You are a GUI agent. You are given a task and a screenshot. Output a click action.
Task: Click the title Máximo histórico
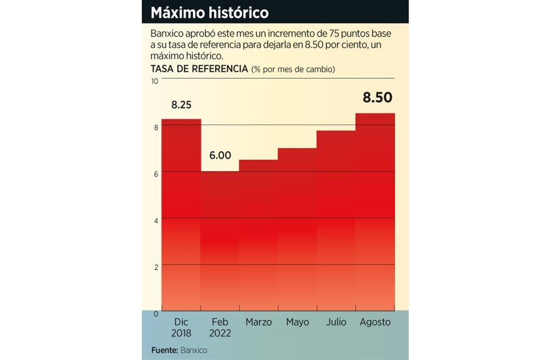[x=209, y=12]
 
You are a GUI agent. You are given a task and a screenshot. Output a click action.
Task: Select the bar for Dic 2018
[x=181, y=214]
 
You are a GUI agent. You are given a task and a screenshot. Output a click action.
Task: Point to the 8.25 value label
[x=182, y=105]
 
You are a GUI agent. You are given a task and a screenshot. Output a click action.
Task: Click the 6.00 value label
[x=220, y=156]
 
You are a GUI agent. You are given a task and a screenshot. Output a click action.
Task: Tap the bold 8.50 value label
[x=377, y=98]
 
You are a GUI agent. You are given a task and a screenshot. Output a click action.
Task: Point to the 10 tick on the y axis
[x=155, y=82]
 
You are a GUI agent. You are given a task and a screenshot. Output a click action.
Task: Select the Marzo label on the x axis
[x=259, y=322]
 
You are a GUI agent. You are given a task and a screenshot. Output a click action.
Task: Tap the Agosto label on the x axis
[x=375, y=322]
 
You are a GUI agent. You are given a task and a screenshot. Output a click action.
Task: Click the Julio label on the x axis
[x=336, y=322]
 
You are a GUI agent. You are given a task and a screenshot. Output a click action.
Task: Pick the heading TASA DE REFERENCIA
[x=199, y=69]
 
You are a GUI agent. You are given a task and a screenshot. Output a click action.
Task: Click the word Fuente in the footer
[x=164, y=350]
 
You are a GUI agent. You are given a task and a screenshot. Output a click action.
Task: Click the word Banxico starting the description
[x=168, y=33]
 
